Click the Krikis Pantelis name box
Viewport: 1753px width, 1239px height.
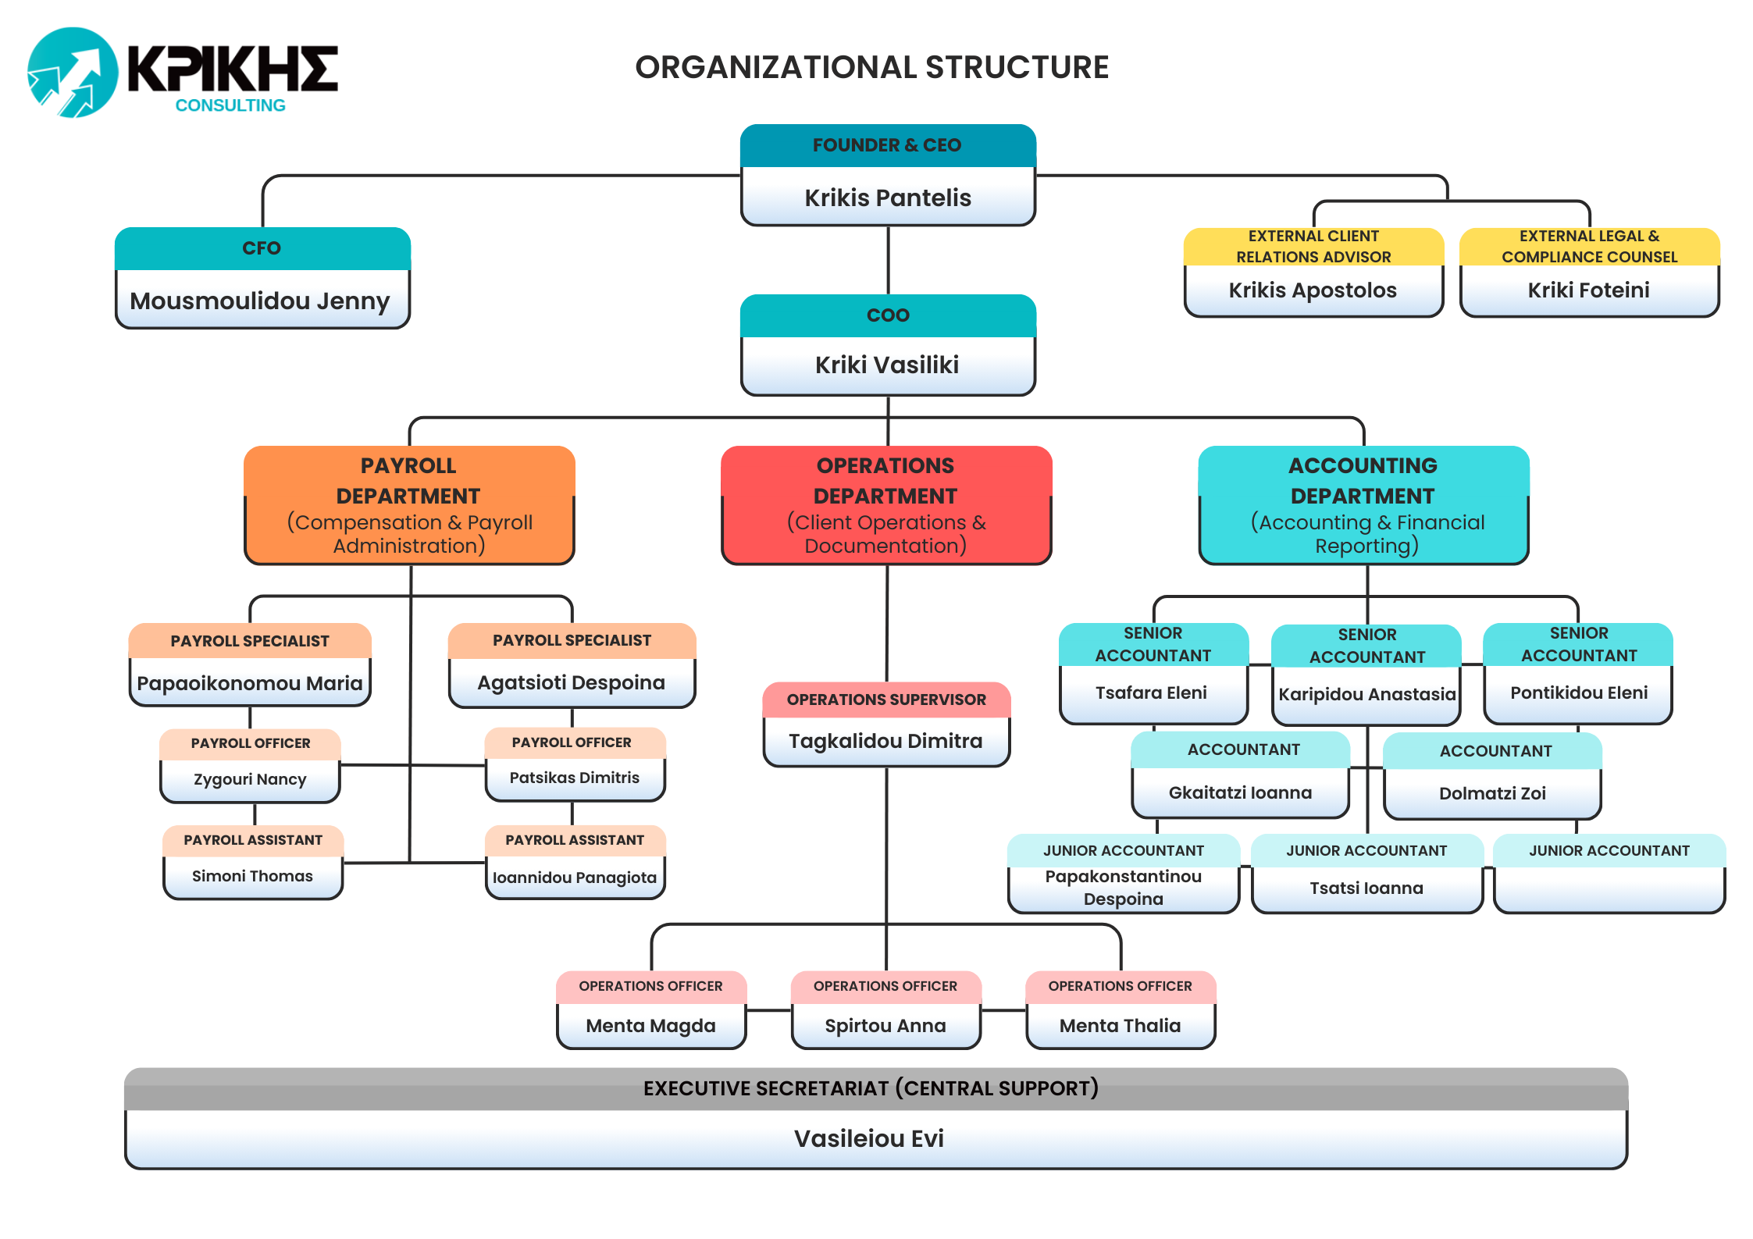888,198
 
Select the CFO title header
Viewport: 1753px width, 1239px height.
262,248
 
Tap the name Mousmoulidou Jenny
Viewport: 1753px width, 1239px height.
260,301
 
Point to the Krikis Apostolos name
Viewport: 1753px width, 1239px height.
1313,290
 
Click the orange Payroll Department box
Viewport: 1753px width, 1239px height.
409,505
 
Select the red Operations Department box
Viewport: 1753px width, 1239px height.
886,505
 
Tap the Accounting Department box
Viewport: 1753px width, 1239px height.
1363,505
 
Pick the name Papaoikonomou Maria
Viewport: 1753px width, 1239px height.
250,683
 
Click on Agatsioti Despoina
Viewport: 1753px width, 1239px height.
572,682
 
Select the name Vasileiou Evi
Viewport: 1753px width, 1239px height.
869,1138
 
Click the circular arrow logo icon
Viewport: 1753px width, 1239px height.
73,73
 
